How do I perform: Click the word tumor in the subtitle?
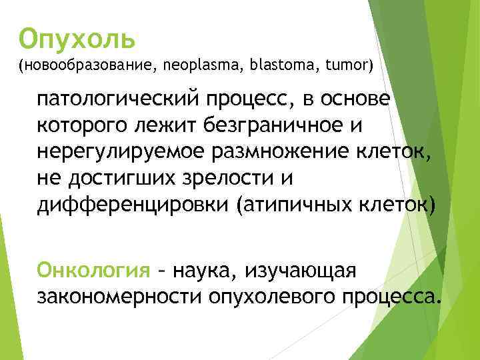click(346, 65)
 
